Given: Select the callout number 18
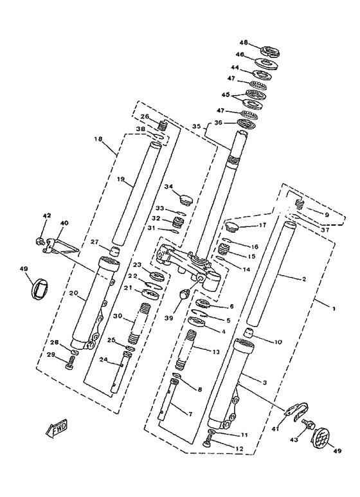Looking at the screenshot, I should coord(98,139).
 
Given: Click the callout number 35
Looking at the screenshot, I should coord(196,127).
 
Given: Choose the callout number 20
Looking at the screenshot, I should coord(73,293).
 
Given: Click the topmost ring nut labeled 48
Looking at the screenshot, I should coord(268,50).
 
